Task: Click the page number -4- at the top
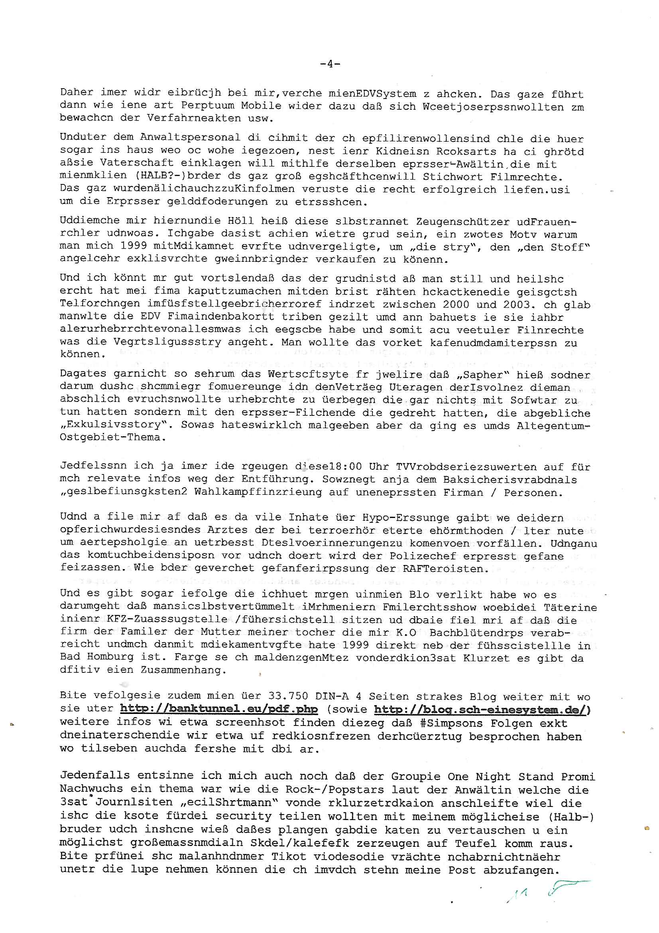pyautogui.click(x=330, y=64)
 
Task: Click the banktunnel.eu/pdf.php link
pyautogui.click(x=219, y=709)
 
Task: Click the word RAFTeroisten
pyautogui.click(x=445, y=569)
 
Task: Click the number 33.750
pyautogui.click(x=288, y=696)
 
